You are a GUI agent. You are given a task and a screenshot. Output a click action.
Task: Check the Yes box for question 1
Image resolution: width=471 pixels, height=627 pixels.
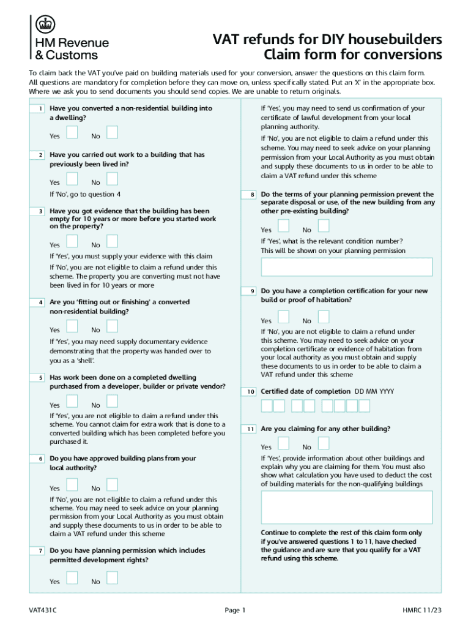point(72,133)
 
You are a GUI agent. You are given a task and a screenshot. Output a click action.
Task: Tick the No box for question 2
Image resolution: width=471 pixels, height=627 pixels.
point(112,179)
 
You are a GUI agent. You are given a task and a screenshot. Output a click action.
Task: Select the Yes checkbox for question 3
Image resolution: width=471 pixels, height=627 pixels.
point(72,242)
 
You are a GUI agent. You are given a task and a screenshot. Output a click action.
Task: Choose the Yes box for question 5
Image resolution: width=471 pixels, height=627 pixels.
point(72,402)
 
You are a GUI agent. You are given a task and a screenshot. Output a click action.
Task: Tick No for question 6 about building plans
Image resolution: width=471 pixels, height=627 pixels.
point(112,486)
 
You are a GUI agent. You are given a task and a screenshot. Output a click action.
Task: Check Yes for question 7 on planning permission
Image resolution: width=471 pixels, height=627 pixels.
point(72,579)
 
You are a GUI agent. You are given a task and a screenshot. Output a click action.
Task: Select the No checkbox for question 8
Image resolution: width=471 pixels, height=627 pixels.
point(324,227)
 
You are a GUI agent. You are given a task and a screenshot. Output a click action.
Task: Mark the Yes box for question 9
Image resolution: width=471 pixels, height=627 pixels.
point(283,317)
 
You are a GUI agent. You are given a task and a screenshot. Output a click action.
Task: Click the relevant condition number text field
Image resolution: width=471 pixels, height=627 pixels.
point(346,267)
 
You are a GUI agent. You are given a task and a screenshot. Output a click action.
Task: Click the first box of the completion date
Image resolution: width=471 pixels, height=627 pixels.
point(267,406)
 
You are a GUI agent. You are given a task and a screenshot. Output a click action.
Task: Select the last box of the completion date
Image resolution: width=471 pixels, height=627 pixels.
point(364,406)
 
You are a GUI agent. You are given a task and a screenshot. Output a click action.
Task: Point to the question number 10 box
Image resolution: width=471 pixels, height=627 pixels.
point(250,391)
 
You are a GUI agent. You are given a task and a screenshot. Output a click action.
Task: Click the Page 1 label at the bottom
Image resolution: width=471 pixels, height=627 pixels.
point(235,610)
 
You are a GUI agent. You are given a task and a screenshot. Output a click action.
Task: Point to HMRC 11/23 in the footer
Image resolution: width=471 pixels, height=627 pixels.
point(421,610)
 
